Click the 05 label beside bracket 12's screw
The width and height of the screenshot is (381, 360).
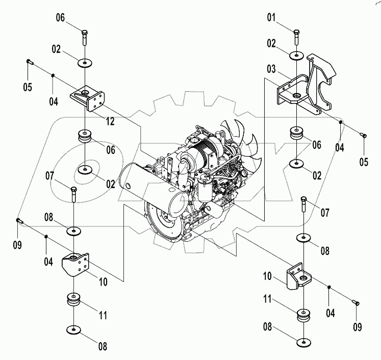coord(28,87)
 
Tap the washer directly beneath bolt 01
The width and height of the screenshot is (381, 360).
coord(296,56)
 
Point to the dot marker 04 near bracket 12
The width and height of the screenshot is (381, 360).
coord(53,75)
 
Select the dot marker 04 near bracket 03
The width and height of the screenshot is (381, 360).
coord(342,122)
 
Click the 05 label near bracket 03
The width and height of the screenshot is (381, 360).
coord(364,163)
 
